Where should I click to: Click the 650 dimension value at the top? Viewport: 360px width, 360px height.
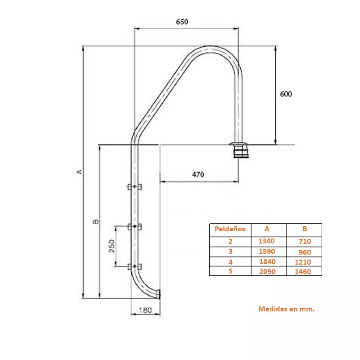click(182, 22)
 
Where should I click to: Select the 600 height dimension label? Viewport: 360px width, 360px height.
click(286, 94)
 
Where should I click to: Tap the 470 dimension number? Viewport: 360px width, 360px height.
click(198, 175)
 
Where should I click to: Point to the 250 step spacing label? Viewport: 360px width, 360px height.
click(112, 246)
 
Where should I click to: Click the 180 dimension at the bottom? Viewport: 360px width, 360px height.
click(145, 310)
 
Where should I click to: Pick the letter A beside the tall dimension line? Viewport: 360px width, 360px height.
click(79, 172)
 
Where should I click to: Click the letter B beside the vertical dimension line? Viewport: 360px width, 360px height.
click(95, 221)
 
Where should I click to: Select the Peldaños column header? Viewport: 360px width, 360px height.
click(230, 229)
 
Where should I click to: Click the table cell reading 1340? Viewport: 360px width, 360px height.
click(266, 241)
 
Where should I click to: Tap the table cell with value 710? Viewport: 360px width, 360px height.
click(305, 241)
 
